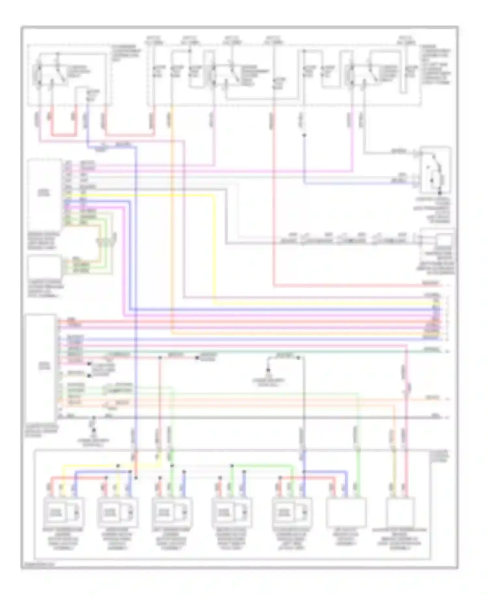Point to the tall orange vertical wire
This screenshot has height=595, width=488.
click(172, 228)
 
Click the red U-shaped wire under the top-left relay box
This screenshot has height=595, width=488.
click(63, 134)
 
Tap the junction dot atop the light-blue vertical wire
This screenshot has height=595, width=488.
click(304, 135)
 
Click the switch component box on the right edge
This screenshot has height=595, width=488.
click(435, 170)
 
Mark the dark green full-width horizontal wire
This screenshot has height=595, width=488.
click(260, 352)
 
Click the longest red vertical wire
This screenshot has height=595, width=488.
click(274, 195)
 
